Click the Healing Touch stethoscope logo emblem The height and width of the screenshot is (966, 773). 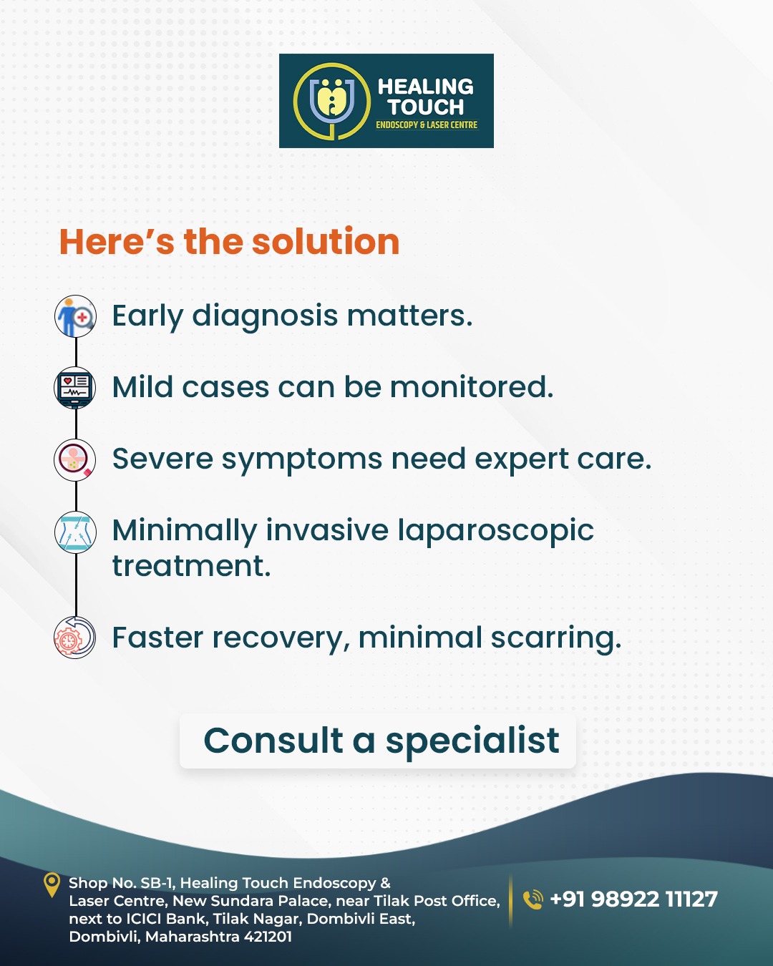click(x=332, y=101)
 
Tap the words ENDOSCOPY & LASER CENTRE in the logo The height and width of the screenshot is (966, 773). click(x=427, y=125)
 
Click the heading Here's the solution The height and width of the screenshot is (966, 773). click(x=229, y=242)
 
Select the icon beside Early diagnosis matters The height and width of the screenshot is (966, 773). click(x=75, y=316)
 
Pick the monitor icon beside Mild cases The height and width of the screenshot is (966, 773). click(x=75, y=387)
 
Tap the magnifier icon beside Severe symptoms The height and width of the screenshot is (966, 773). click(x=75, y=459)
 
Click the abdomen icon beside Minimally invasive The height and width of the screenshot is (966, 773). click(x=75, y=532)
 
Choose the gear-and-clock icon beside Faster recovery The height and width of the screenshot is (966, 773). click(x=75, y=638)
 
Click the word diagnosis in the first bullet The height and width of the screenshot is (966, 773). click(x=265, y=316)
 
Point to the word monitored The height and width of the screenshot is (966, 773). click(x=472, y=387)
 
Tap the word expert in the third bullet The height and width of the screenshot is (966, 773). click(x=522, y=459)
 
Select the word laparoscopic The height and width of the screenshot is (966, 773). click(x=496, y=532)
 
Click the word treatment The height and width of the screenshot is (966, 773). click(x=192, y=565)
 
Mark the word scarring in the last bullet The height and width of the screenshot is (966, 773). click(x=556, y=638)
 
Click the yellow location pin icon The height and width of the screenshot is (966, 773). click(x=52, y=884)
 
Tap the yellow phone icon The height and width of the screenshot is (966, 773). click(x=533, y=899)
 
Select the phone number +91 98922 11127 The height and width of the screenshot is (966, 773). click(x=633, y=899)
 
